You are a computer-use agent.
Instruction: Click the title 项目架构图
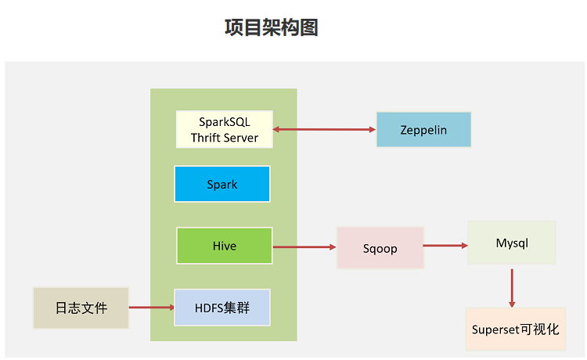click(x=272, y=27)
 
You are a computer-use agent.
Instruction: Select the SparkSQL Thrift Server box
click(x=225, y=129)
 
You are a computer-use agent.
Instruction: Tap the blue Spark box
click(x=222, y=184)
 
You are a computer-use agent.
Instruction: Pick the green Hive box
click(x=225, y=246)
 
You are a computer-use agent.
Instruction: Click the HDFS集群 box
click(x=222, y=308)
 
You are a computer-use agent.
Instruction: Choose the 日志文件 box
click(x=81, y=308)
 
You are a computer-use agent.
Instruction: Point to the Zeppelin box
click(x=423, y=129)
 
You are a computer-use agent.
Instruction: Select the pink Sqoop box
click(x=380, y=248)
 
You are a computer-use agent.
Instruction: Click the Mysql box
click(x=512, y=243)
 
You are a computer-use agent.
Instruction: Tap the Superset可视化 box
click(x=516, y=329)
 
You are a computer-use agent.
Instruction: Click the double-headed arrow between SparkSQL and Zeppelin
click(x=324, y=129)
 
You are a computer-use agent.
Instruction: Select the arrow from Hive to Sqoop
click(x=304, y=247)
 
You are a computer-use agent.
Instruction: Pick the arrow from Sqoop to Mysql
click(x=445, y=246)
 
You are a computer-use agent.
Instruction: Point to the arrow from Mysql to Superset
click(x=512, y=288)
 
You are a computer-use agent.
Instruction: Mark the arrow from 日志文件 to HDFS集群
click(x=152, y=308)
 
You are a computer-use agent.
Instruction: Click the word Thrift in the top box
click(x=205, y=138)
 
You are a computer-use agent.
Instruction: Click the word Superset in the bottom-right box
click(x=495, y=329)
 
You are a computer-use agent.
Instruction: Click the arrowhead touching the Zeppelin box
click(x=373, y=129)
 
